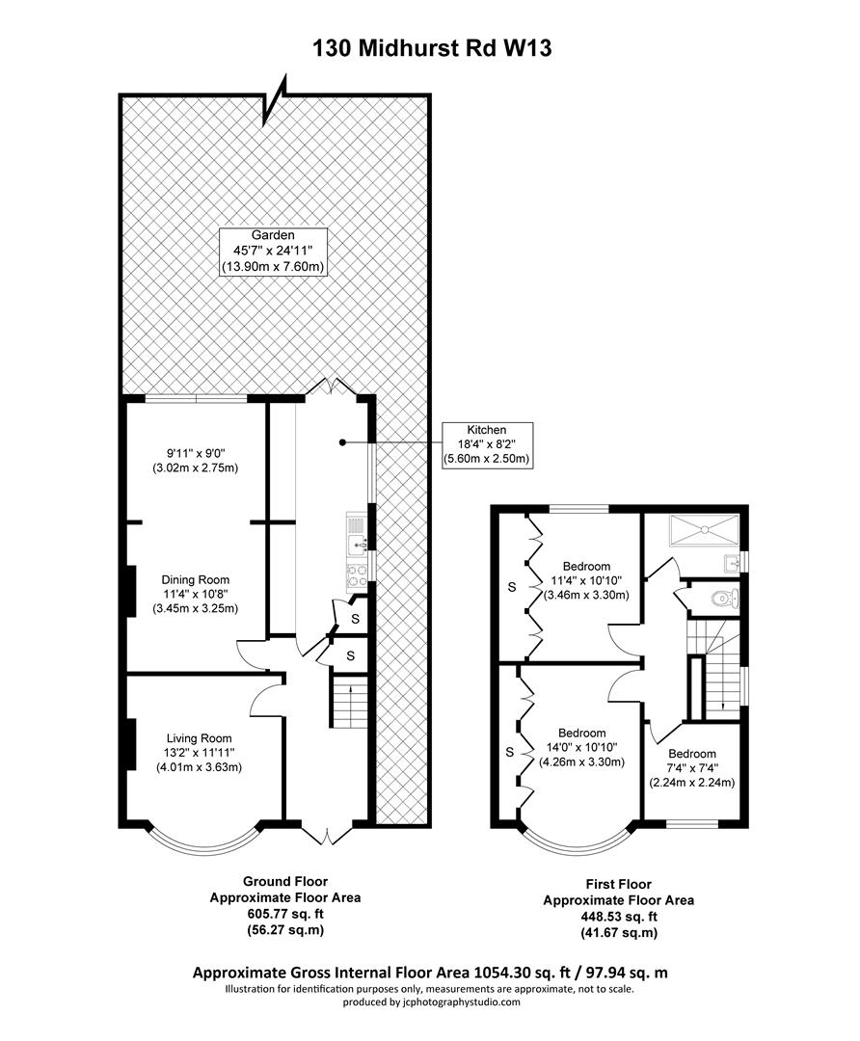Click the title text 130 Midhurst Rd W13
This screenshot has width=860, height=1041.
(431, 48)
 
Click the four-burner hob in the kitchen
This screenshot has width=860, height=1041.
(354, 574)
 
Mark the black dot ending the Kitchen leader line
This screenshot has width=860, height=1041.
(341, 442)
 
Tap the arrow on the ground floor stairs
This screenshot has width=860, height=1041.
(350, 688)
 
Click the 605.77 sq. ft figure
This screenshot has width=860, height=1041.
(285, 914)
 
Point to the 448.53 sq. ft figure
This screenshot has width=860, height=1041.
(618, 917)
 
